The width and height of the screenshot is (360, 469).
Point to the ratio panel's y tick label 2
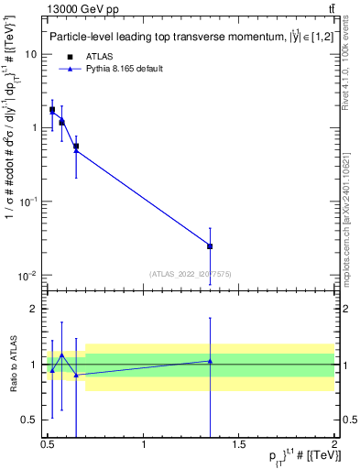point(35,309)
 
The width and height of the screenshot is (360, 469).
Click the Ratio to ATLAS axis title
point(12,365)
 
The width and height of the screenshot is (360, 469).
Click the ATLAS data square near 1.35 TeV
point(211,246)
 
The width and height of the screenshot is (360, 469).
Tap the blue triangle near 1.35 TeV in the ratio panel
point(211,361)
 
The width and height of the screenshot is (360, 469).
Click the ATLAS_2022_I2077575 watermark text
point(191,273)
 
